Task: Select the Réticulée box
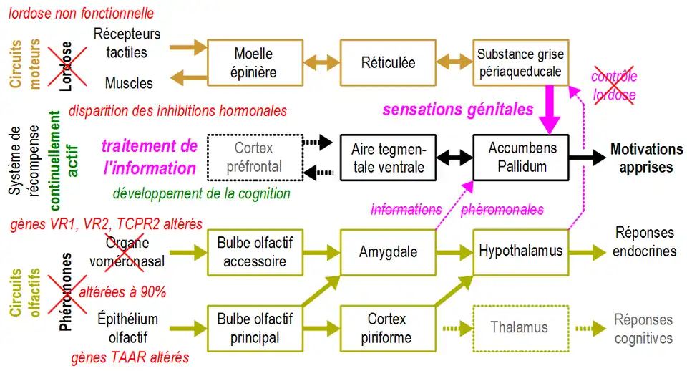[387, 63]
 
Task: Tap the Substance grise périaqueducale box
[520, 63]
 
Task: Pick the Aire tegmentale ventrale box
[388, 157]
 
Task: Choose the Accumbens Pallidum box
[522, 157]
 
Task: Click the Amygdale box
[388, 251]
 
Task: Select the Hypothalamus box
[520, 251]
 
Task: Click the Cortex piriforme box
[388, 327]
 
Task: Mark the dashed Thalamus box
[520, 327]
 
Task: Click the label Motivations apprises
[646, 158]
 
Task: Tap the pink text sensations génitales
[458, 110]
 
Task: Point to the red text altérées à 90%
[122, 291]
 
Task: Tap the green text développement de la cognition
[201, 193]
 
